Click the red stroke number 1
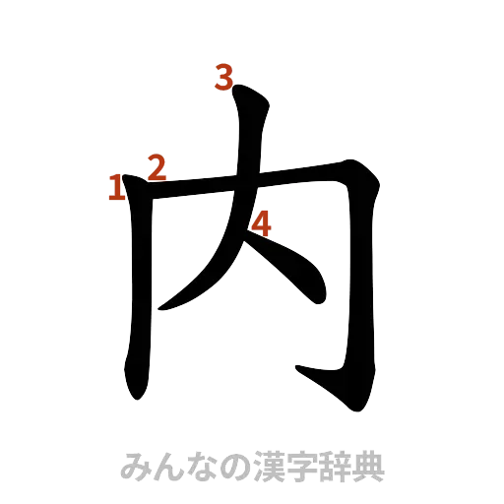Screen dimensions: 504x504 [116, 188]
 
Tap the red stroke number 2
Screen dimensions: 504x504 [156, 167]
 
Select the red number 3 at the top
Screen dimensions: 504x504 [225, 77]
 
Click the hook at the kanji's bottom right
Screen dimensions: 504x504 [305, 372]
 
